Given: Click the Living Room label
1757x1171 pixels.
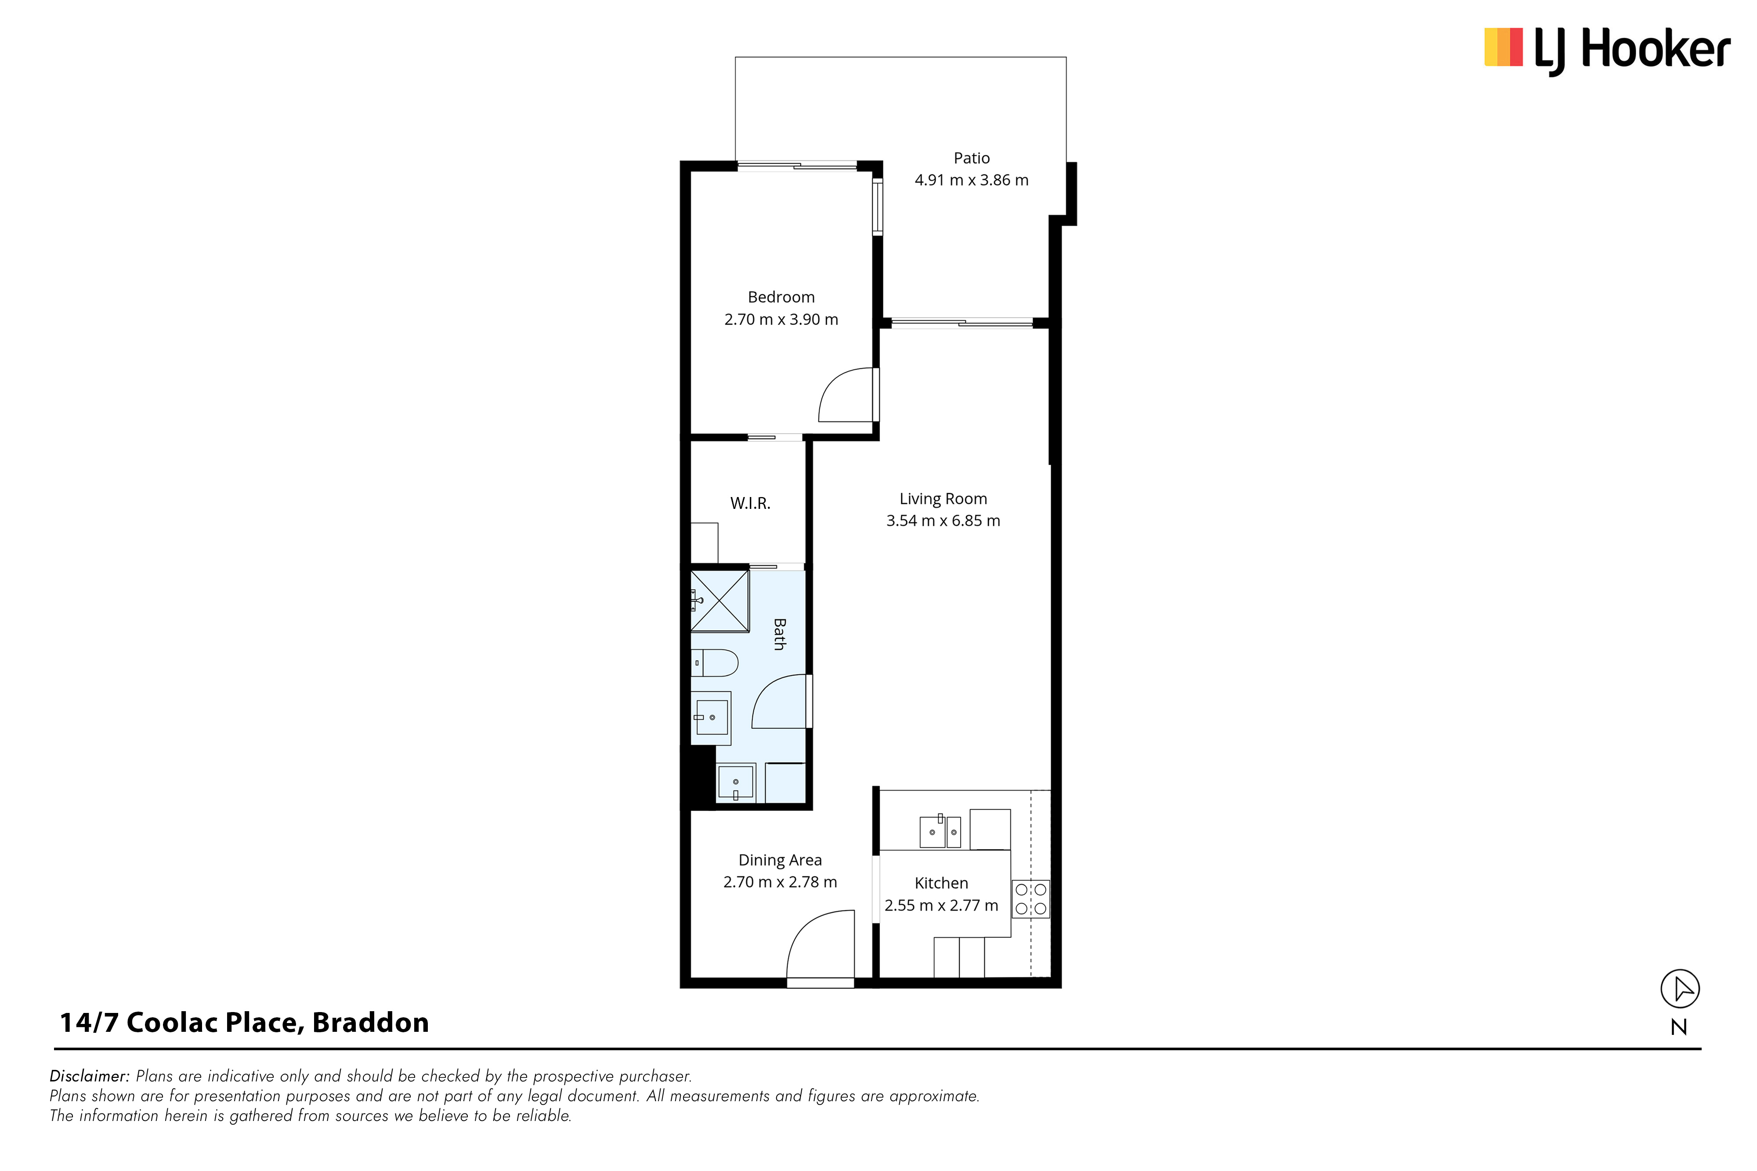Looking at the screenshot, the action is click(x=943, y=499).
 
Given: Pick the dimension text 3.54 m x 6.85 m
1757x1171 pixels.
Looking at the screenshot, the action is click(x=943, y=521).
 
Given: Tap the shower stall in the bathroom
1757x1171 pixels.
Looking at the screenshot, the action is click(x=719, y=601).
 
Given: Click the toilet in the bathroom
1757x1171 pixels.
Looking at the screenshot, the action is click(x=714, y=663).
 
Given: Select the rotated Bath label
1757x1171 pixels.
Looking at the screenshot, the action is click(x=779, y=634).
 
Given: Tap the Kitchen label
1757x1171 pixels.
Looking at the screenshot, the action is click(x=941, y=883).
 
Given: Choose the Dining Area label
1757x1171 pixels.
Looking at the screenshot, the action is click(x=780, y=860).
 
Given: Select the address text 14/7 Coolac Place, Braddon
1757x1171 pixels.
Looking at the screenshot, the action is click(x=244, y=1023).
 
